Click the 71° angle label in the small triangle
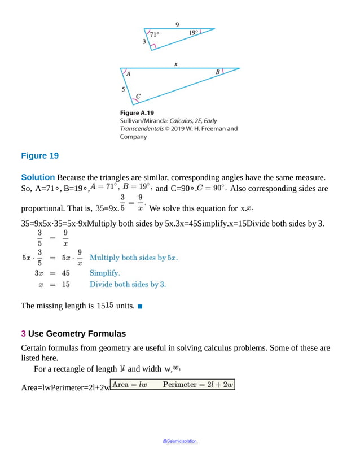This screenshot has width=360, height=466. tap(155, 34)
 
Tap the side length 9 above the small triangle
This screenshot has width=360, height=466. tap(177, 24)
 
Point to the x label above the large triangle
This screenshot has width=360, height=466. tap(176, 64)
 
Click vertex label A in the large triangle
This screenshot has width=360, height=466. tap(129, 74)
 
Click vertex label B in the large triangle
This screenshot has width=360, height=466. tap(218, 72)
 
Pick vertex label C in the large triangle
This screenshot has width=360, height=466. tap(138, 96)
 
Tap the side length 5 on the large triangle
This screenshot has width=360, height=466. tap(124, 89)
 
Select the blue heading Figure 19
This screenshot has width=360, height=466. tap(39, 155)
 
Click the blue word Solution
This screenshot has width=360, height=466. tap(38, 177)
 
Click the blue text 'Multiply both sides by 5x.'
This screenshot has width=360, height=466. tap(134, 258)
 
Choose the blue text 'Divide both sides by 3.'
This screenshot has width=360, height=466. tap(128, 284)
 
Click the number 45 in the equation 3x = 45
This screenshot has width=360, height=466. tap(65, 272)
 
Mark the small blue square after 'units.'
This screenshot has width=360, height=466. tap(140, 307)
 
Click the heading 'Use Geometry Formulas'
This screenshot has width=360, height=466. tap(77, 333)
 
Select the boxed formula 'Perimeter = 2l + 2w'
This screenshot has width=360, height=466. tap(197, 385)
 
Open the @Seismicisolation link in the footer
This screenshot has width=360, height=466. tap(180, 441)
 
